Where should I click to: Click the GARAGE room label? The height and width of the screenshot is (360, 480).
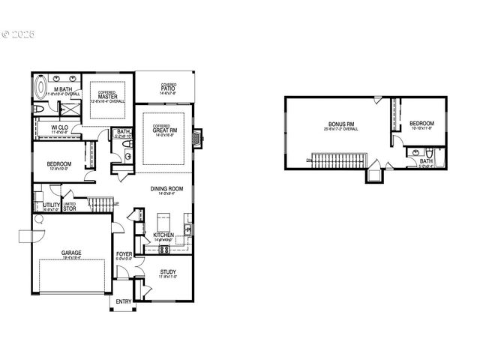tap(71, 253)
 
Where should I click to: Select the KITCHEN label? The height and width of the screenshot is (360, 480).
tap(163, 235)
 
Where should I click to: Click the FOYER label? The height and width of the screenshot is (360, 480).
tap(124, 255)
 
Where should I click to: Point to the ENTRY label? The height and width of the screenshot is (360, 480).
tap(123, 301)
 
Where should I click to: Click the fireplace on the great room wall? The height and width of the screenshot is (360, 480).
tap(197, 138)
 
